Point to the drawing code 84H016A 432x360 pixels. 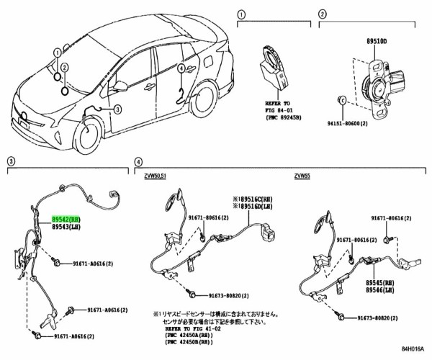(x=413, y=351)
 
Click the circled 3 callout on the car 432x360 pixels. (x=116, y=109)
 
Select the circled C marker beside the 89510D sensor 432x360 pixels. (x=342, y=99)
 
